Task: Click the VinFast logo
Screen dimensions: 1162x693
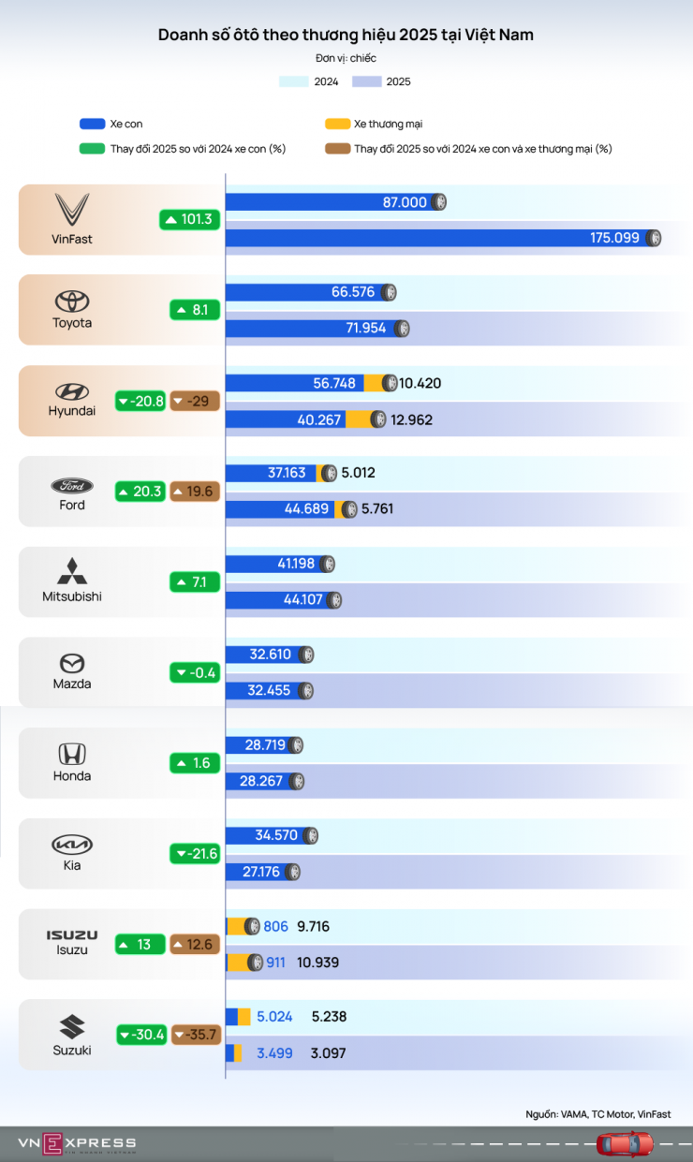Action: coord(72,209)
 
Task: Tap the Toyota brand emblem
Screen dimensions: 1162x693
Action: coord(72,301)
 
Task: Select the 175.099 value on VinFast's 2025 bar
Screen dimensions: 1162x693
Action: coord(614,238)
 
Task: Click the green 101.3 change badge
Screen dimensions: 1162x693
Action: coord(188,220)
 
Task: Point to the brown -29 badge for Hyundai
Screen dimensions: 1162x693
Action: coord(195,402)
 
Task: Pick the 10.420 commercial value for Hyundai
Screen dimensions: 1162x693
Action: coord(420,383)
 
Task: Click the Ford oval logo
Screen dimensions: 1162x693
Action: coord(72,486)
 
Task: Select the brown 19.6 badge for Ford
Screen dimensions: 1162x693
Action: coord(195,492)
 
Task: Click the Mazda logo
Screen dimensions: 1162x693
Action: coord(72,663)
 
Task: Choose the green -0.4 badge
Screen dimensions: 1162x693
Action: coord(195,672)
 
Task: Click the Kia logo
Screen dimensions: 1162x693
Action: coord(72,845)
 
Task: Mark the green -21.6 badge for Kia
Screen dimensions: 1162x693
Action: coord(195,854)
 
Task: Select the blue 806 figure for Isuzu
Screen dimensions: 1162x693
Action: coord(275,927)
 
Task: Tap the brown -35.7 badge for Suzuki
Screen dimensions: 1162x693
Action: coord(195,1035)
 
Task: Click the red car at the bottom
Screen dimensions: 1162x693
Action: coord(626,1143)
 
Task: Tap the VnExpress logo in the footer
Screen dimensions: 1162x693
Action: coord(77,1143)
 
